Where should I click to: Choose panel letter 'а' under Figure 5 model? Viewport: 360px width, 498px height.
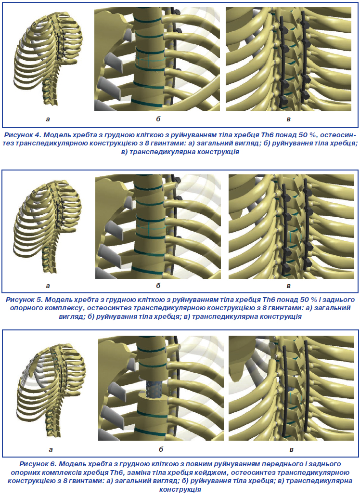tap(47, 287)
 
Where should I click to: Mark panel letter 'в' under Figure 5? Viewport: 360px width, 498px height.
tap(288, 287)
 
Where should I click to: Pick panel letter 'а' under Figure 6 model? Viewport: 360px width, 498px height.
tap(51, 449)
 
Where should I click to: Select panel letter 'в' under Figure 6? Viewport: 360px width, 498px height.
tap(291, 449)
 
